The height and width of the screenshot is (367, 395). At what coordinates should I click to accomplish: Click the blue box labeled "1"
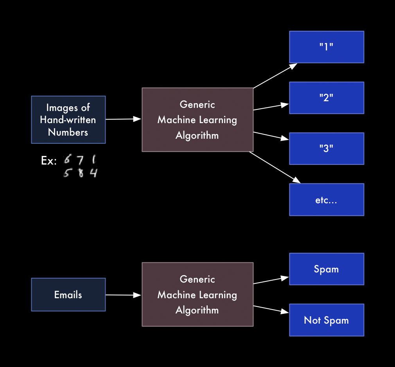(327, 47)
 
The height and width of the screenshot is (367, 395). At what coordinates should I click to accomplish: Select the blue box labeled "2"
(327, 98)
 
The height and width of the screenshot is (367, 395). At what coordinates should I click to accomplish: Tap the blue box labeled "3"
(327, 149)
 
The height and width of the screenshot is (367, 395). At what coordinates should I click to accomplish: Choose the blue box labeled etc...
(327, 200)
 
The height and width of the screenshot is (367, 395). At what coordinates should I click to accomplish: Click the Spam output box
(327, 269)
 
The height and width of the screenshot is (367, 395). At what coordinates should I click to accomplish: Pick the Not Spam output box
(327, 320)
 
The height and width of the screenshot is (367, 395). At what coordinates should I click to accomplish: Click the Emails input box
(68, 295)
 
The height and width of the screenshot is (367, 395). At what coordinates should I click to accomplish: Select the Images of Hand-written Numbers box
(68, 120)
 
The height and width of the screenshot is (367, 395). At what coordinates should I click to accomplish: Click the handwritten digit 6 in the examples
(68, 159)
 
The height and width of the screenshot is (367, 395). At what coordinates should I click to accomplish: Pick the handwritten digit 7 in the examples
(80, 160)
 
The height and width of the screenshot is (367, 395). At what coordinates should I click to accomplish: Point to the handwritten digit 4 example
(93, 172)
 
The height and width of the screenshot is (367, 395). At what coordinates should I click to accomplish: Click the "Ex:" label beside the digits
(49, 161)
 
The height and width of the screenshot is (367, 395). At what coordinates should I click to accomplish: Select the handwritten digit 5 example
(67, 172)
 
